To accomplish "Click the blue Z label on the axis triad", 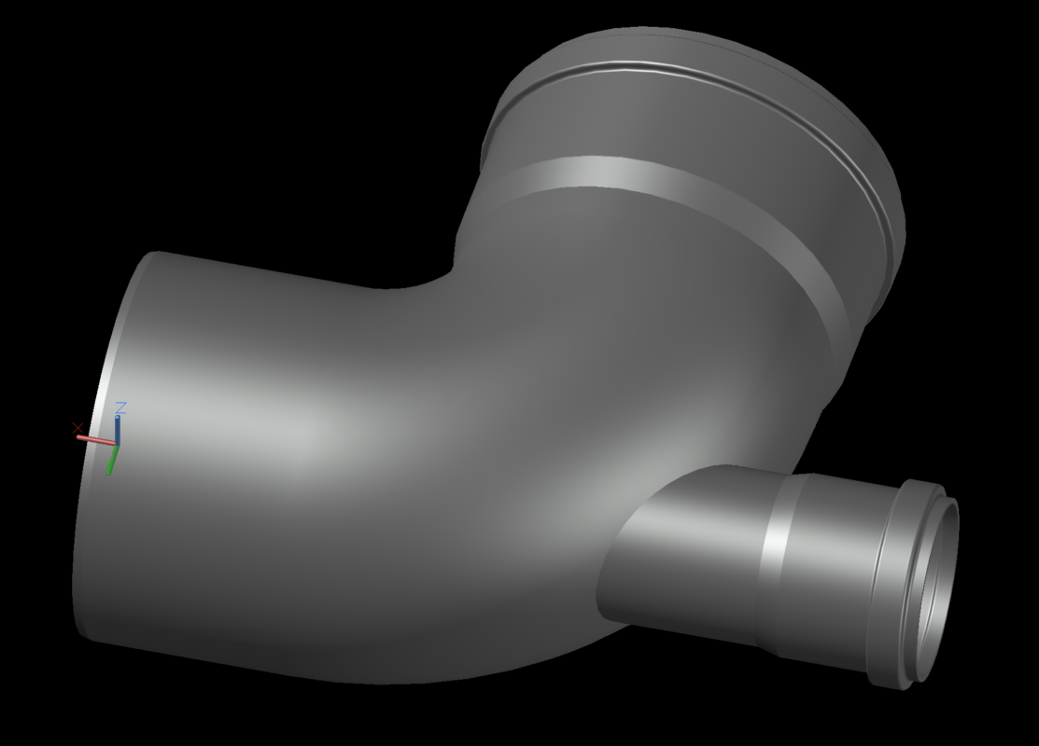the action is pos(120,408).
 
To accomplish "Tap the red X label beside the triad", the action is pos(77,428).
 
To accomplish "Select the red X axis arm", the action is pos(96,439).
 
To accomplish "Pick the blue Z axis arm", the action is pos(118,430).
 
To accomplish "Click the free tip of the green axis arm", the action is pos(108,473).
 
